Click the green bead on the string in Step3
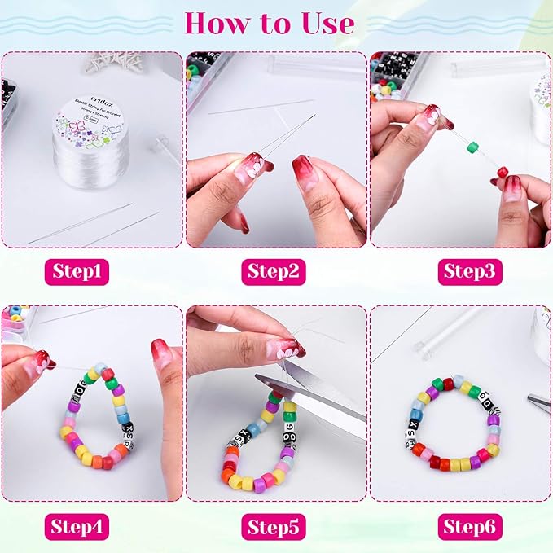point(472,147)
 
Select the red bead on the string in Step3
point(503,172)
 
